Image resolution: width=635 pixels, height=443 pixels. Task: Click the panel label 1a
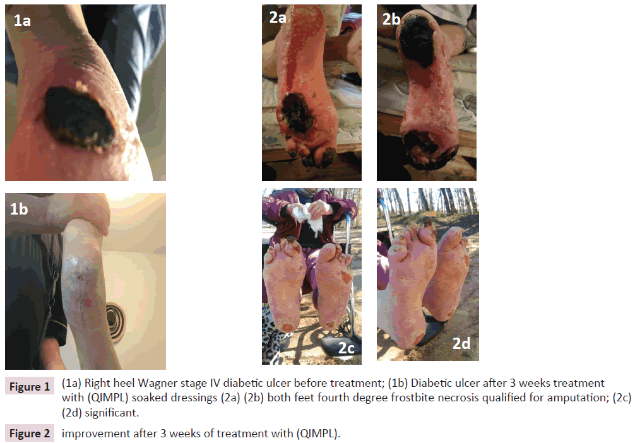pyautogui.click(x=22, y=20)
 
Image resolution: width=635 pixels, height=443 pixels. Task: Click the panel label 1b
pyautogui.click(x=19, y=209)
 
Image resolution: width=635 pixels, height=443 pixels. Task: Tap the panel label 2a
pyautogui.click(x=278, y=17)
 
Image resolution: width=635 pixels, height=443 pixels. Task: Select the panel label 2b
pyautogui.click(x=391, y=19)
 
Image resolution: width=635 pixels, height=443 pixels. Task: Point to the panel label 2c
pyautogui.click(x=347, y=348)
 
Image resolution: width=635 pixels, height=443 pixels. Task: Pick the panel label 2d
pyautogui.click(x=461, y=343)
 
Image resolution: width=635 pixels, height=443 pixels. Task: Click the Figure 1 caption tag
pyautogui.click(x=30, y=387)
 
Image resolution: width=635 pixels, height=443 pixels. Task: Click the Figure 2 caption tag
pyautogui.click(x=30, y=434)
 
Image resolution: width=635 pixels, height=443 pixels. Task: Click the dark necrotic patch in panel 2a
pyautogui.click(x=298, y=113)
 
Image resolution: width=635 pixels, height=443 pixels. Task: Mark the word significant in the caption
pyautogui.click(x=111, y=413)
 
